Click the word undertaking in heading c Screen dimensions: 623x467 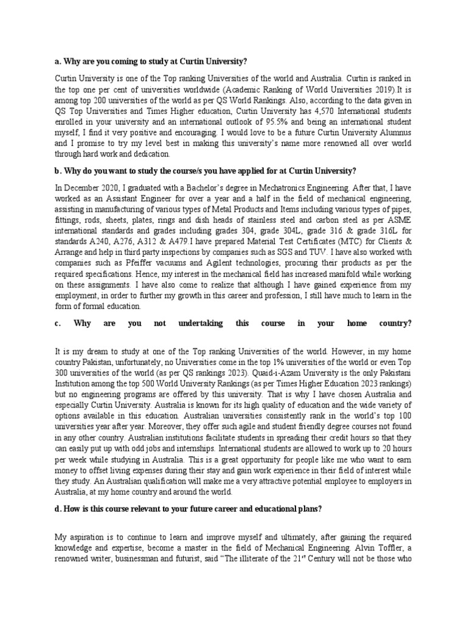196,323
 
